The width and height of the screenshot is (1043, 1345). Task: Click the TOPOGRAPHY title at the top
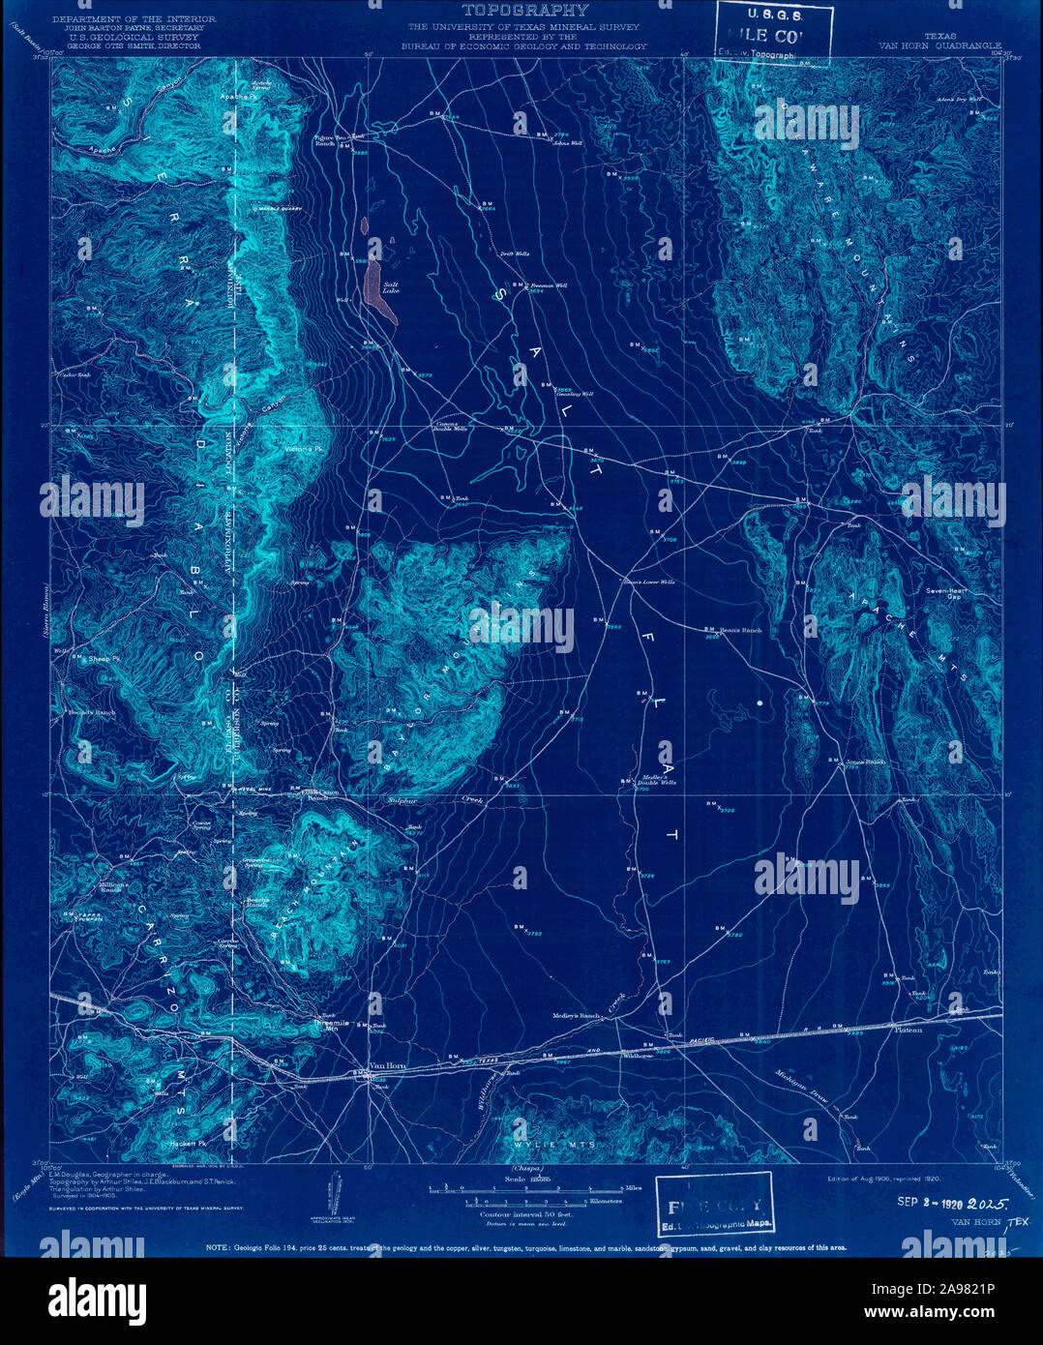523,11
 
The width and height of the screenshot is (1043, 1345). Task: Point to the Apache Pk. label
237,97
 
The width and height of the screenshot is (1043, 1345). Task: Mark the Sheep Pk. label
104,658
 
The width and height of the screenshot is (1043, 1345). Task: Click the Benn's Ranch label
740,630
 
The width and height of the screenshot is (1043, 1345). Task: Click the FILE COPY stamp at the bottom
714,1205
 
